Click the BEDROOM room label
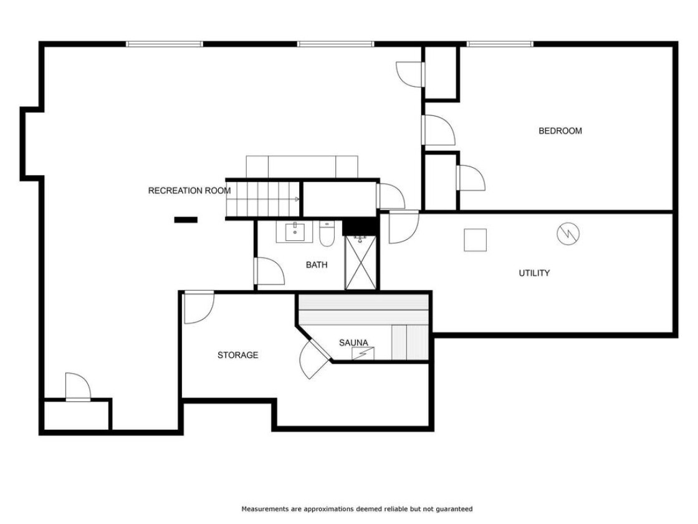pyautogui.click(x=560, y=131)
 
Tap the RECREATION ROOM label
pyautogui.click(x=189, y=191)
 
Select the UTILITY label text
pyautogui.click(x=534, y=273)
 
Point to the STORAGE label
pyautogui.click(x=237, y=355)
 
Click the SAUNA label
pyautogui.click(x=353, y=342)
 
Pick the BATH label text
pyautogui.click(x=317, y=265)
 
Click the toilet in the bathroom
pyautogui.click(x=327, y=234)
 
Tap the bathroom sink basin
pyautogui.click(x=295, y=231)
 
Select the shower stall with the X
pyautogui.click(x=361, y=263)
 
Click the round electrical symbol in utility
pyautogui.click(x=568, y=233)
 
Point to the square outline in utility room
pyautogui.click(x=476, y=240)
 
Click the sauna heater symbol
pyautogui.click(x=363, y=353)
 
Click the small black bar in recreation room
pyautogui.click(x=186, y=220)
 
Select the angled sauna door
pyautogui.click(x=314, y=356)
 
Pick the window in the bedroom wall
pyautogui.click(x=500, y=44)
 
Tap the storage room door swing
pyautogui.click(x=199, y=307)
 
